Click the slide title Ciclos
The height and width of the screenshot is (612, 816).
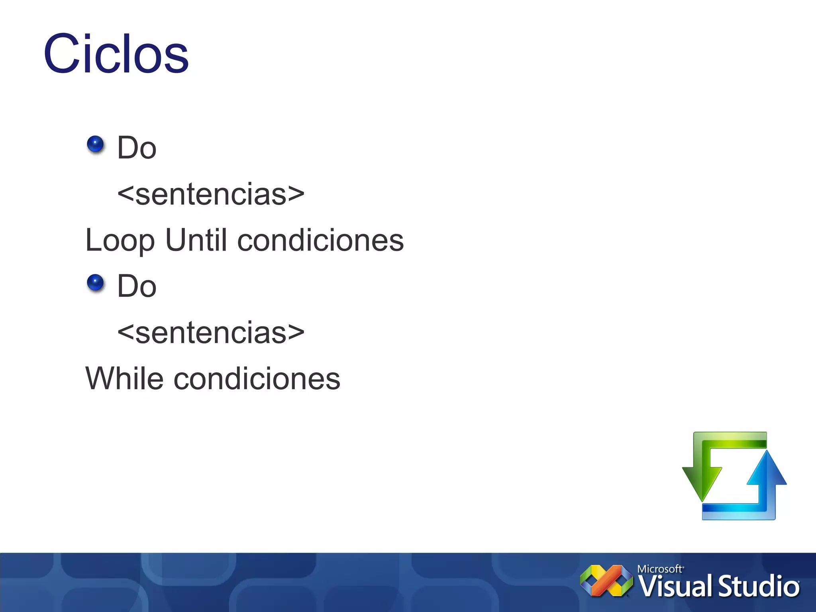116,54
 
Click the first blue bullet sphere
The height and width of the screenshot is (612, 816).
95,144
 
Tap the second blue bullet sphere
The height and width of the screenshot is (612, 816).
95,282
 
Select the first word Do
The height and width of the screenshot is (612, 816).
137,148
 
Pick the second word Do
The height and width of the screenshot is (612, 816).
137,286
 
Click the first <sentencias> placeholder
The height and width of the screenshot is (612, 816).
211,194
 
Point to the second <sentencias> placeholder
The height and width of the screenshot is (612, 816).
211,332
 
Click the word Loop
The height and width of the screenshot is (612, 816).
120,241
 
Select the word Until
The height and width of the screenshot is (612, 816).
196,240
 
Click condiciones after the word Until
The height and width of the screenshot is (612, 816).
320,241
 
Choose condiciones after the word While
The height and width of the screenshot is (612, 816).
257,379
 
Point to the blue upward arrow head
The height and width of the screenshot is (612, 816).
767,470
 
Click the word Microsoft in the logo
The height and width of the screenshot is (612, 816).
660,569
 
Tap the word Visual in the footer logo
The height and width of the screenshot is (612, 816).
676,587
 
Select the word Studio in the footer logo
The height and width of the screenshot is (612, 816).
759,587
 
